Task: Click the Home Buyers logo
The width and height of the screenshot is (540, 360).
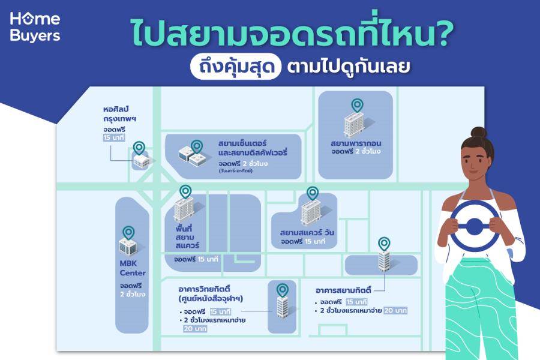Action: point(35,27)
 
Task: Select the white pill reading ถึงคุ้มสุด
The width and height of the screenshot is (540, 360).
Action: point(236,66)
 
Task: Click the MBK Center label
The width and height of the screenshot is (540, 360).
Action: point(132,268)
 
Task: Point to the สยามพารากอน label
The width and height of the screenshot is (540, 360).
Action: point(356,143)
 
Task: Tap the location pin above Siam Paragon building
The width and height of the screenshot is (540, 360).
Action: point(357,106)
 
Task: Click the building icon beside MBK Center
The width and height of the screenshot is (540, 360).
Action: point(128,246)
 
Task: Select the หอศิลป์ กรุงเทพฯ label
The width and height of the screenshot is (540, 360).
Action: point(119,114)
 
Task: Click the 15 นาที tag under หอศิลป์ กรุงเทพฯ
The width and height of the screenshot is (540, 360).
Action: point(114,138)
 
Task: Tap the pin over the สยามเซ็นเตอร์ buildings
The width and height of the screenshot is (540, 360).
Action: point(197,147)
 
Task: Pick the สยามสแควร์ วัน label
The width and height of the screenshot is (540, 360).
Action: point(307,232)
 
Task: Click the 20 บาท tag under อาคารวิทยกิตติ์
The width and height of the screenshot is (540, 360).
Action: point(195,329)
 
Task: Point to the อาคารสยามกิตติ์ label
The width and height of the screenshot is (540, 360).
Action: point(343,290)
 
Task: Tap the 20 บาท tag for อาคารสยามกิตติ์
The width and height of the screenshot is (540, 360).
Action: point(395,310)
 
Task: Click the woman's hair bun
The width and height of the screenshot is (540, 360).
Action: point(478,133)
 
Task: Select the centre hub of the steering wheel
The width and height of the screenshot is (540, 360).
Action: point(474,226)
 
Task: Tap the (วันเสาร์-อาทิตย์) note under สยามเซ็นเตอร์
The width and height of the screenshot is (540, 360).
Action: point(236,171)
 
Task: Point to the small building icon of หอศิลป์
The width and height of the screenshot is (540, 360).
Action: point(141,161)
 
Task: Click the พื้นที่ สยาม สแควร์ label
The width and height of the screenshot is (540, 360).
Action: point(187,237)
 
